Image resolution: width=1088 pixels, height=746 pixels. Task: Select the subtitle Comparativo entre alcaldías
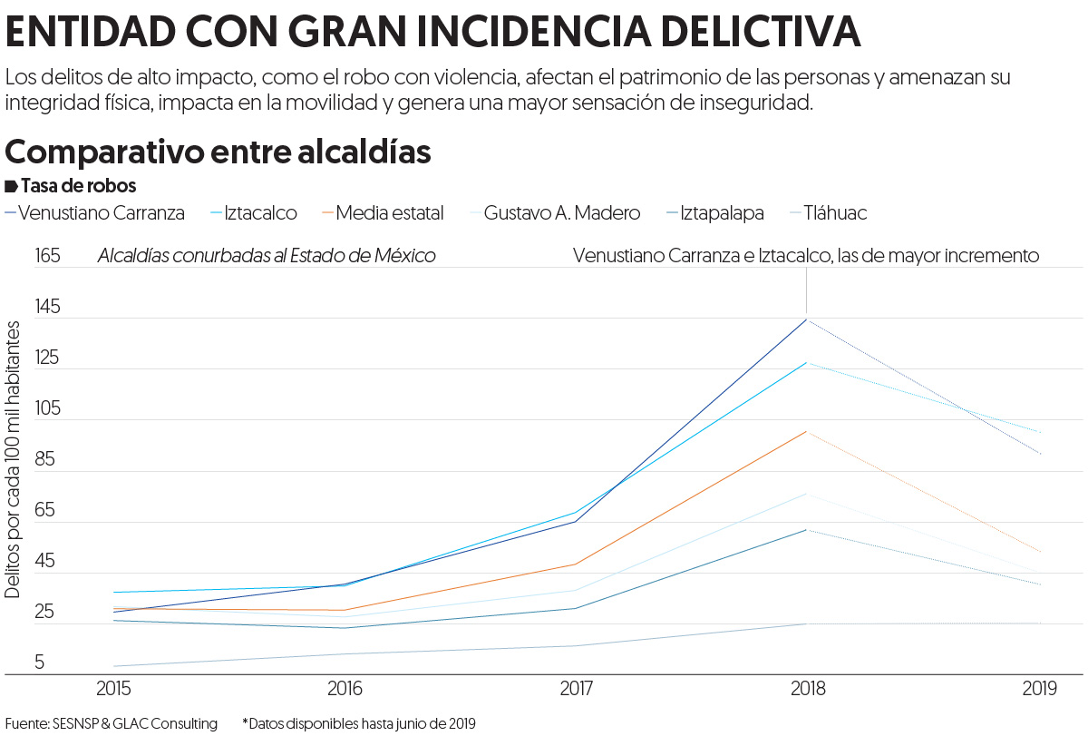218,152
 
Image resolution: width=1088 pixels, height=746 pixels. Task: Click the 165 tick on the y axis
47,256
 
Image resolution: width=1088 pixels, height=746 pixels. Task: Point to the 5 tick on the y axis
40,663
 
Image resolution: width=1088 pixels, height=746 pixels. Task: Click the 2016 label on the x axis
345,690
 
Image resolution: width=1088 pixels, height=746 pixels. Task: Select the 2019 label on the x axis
1039,690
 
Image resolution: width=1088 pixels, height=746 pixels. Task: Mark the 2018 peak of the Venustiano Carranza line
807,319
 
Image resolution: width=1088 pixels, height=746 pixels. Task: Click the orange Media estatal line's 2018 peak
807,431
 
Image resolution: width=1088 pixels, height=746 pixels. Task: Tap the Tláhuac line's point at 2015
114,666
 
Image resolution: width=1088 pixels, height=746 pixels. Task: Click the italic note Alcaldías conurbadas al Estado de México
267,256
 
